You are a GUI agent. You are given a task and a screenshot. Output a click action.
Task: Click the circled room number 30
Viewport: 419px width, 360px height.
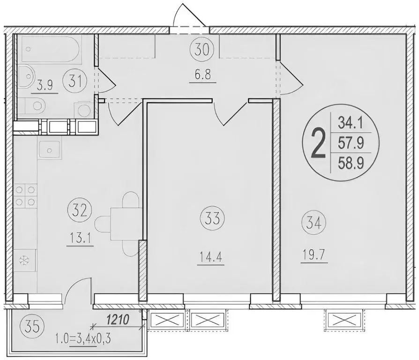pyautogui.click(x=202, y=49)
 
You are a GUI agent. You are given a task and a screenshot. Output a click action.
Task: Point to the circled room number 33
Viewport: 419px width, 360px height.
pyautogui.click(x=213, y=218)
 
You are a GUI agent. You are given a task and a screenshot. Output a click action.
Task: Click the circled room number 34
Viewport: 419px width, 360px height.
pyautogui.click(x=313, y=221)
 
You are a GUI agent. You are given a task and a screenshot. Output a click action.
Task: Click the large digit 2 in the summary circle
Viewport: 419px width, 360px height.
pyautogui.click(x=318, y=144)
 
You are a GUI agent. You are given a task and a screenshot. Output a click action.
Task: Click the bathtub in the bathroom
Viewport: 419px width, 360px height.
pyautogui.click(x=52, y=51)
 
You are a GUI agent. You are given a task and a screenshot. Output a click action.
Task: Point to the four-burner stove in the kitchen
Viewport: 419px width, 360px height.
pyautogui.click(x=25, y=196)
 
